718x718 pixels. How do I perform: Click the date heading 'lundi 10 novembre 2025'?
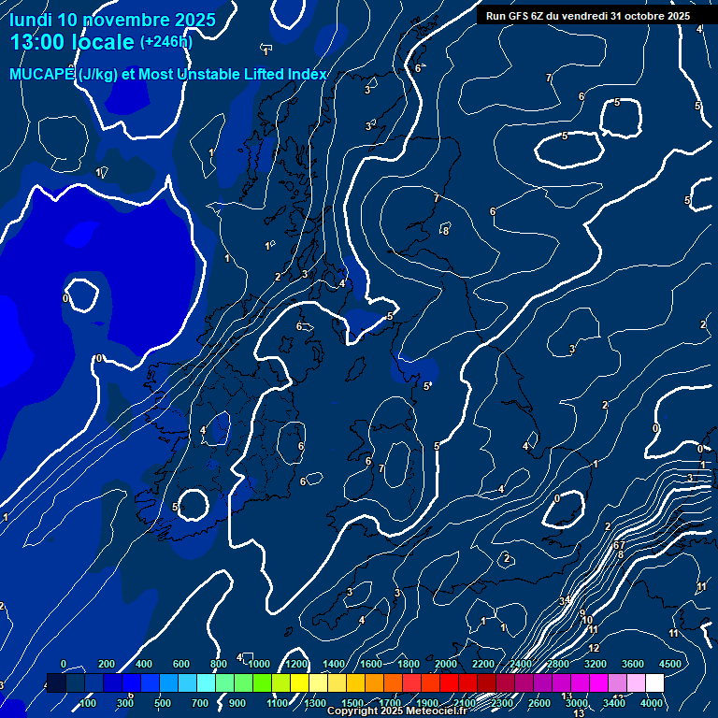click(x=112, y=20)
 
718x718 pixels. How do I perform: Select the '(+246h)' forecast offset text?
click(x=166, y=42)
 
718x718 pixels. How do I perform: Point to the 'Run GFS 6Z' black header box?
click(x=587, y=16)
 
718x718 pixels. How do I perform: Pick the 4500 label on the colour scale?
click(x=670, y=664)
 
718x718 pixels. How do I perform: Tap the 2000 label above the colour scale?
click(x=446, y=664)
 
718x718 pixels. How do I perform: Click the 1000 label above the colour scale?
click(x=259, y=664)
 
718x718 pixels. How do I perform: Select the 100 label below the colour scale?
click(x=88, y=703)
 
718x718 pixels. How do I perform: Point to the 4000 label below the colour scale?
click(x=653, y=703)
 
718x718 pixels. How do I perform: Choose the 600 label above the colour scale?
click(x=181, y=664)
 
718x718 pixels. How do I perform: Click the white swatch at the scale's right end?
click(x=654, y=683)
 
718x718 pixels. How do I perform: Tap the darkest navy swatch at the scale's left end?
click(x=56, y=683)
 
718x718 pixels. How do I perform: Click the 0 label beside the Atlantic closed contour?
click(x=65, y=298)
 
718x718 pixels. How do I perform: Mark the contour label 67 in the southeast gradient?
click(x=619, y=544)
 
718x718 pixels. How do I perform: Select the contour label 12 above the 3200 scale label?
click(x=594, y=647)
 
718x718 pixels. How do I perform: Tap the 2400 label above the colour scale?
click(x=521, y=664)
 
